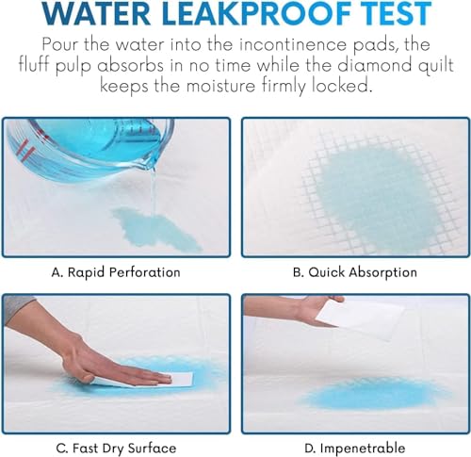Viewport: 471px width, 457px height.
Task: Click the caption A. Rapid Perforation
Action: [x=115, y=271]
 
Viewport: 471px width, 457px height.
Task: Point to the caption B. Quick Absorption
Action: [x=355, y=271]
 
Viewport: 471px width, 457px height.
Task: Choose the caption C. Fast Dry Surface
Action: [x=115, y=448]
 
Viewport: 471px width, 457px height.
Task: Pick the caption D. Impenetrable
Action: [x=355, y=448]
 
